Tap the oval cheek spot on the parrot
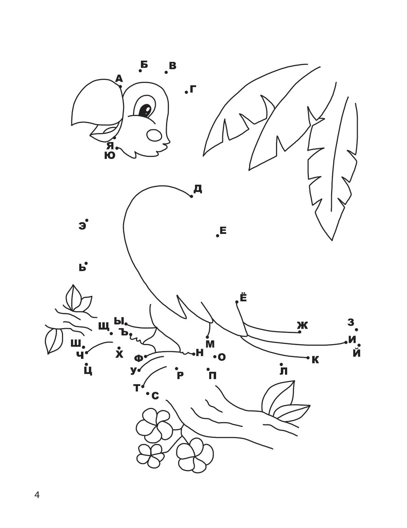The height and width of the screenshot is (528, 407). coord(155,135)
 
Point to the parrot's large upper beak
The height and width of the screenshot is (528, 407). coord(98,103)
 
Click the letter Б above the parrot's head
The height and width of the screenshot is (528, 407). coord(144,65)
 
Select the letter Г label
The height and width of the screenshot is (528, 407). coord(193,89)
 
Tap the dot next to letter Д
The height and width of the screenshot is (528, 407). coord(191,196)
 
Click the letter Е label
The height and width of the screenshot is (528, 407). coord(223,230)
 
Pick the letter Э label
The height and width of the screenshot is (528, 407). coord(82,226)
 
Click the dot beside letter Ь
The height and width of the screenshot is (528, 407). coord(86,263)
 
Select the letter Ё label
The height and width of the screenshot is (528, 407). coord(243,297)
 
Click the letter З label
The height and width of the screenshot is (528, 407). coord(350,322)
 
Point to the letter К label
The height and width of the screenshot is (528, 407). coord(315,360)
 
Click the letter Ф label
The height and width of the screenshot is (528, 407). coord(138,358)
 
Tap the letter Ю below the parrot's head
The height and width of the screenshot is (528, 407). coord(110,155)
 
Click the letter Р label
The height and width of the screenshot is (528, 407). coord(180,376)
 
